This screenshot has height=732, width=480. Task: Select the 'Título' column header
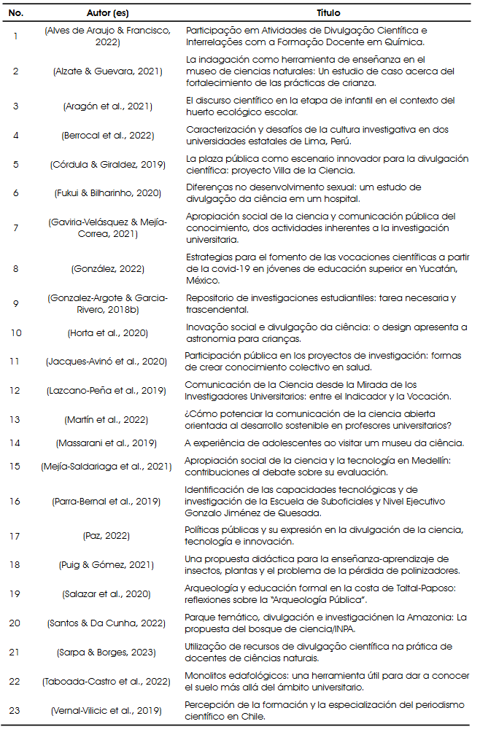pos(328,13)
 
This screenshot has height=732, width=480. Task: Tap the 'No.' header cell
pos(16,13)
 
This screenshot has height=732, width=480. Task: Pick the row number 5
pos(16,164)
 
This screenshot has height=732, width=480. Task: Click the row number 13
pos(16,421)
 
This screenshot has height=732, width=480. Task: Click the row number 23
pos(16,710)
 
